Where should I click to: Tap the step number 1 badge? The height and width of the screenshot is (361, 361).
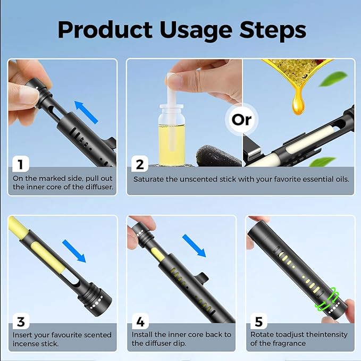[x=20, y=164]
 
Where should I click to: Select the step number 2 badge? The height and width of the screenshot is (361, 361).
[x=140, y=164]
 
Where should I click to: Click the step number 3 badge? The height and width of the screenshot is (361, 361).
[x=20, y=322]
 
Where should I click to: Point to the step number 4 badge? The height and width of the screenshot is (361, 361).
[x=140, y=322]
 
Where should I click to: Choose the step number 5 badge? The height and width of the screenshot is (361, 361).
[x=259, y=322]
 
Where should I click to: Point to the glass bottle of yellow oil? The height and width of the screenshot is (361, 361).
[x=171, y=135]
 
